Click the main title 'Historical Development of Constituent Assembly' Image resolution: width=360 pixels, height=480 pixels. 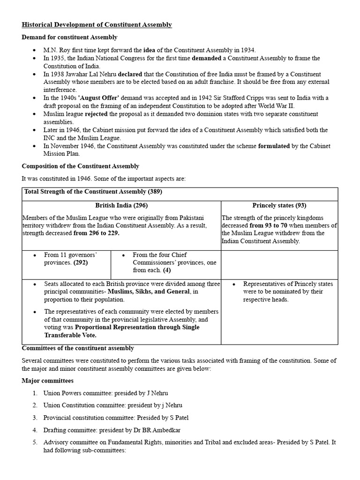point(97,25)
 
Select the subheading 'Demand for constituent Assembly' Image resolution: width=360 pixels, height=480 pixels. point(69,37)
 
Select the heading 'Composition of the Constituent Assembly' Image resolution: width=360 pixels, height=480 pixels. point(80,166)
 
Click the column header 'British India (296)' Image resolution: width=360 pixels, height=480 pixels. point(121,205)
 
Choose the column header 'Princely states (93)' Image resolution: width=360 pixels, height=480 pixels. point(279,205)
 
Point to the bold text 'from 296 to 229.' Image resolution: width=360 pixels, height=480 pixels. point(97,233)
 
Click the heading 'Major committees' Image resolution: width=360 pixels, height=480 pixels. point(47,381)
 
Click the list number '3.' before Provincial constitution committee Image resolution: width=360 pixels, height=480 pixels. point(35,418)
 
